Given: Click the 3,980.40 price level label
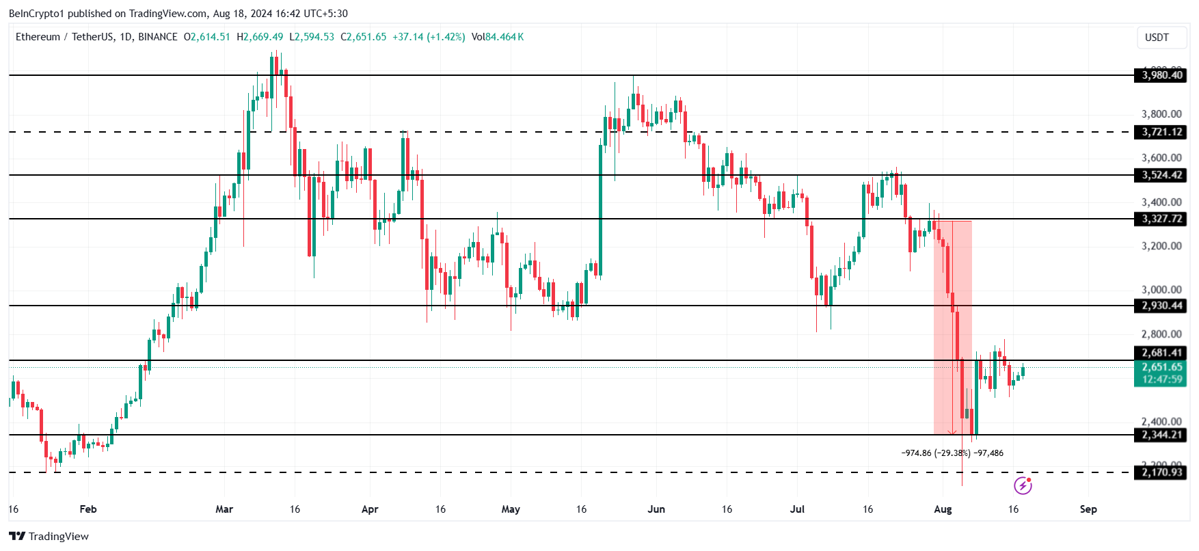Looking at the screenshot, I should point(1161,75).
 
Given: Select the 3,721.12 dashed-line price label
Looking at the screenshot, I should point(1161,132).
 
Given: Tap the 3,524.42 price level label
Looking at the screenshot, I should point(1161,175).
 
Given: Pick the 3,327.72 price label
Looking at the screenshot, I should point(1161,219).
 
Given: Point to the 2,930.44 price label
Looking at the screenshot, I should point(1161,306).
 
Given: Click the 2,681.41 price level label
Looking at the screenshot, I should point(1161,353).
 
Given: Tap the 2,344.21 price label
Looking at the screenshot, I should point(1161,435).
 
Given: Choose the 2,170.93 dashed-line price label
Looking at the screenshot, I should point(1161,472).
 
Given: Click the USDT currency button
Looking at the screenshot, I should point(1157,38).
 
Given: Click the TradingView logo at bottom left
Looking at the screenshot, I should point(49,536).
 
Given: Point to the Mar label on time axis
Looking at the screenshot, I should point(224,509).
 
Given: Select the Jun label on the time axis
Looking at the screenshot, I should point(656,509).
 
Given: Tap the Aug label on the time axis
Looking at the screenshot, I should point(943,509).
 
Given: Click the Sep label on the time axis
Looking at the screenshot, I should point(1088,509).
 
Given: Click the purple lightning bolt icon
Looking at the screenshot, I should point(1023,485).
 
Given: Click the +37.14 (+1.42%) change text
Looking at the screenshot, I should point(429,37).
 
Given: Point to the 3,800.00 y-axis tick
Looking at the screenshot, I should point(1161,114).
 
